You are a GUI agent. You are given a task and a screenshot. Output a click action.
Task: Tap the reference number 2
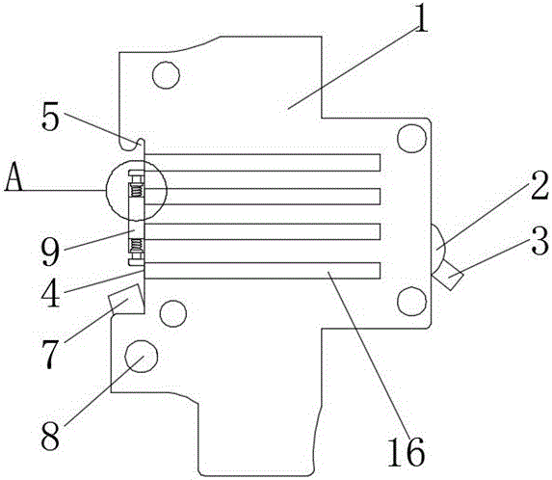pyautogui.click(x=538, y=185)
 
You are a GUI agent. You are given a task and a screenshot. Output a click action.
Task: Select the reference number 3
pyautogui.click(x=539, y=241)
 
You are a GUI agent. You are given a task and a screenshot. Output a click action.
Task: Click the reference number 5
pyautogui.click(x=50, y=117)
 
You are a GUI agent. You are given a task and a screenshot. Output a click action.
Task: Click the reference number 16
pyautogui.click(x=406, y=451)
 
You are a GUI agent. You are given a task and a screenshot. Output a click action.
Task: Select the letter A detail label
pyautogui.click(x=13, y=176)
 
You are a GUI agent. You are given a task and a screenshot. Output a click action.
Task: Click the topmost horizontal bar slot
pyautogui.click(x=262, y=162)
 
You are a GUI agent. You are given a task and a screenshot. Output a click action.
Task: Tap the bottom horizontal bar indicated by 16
pyautogui.click(x=262, y=271)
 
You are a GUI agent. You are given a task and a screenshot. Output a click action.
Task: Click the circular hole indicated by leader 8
pyautogui.click(x=142, y=356)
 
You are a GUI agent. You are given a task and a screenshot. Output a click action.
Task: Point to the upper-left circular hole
pyautogui.click(x=166, y=74)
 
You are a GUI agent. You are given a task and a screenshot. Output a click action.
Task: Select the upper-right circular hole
pyautogui.click(x=411, y=138)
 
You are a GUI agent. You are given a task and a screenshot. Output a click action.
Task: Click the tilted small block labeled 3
pyautogui.click(x=447, y=275)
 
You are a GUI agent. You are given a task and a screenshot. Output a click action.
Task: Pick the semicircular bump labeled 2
pyautogui.click(x=437, y=249)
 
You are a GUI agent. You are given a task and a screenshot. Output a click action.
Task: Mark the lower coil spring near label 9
pyautogui.click(x=136, y=244)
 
